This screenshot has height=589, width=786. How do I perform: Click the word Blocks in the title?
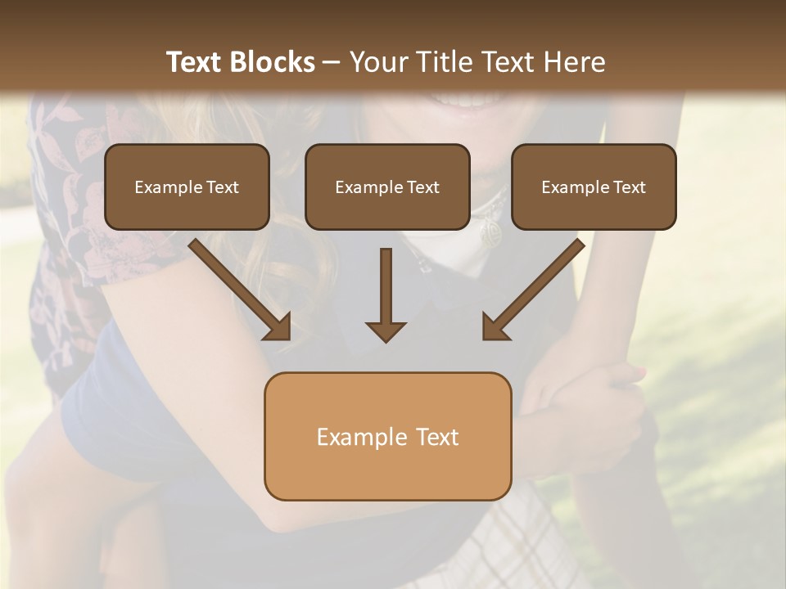tap(274, 62)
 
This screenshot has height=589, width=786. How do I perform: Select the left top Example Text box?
tap(187, 187)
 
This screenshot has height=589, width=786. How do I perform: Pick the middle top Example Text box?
tap(387, 187)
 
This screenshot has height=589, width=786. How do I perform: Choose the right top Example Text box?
tap(594, 187)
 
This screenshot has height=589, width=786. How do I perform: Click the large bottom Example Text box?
tap(387, 436)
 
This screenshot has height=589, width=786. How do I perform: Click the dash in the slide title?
tap(332, 62)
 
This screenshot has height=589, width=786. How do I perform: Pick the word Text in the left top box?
tap(223, 187)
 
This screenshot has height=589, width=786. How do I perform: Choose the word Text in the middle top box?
tap(423, 187)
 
